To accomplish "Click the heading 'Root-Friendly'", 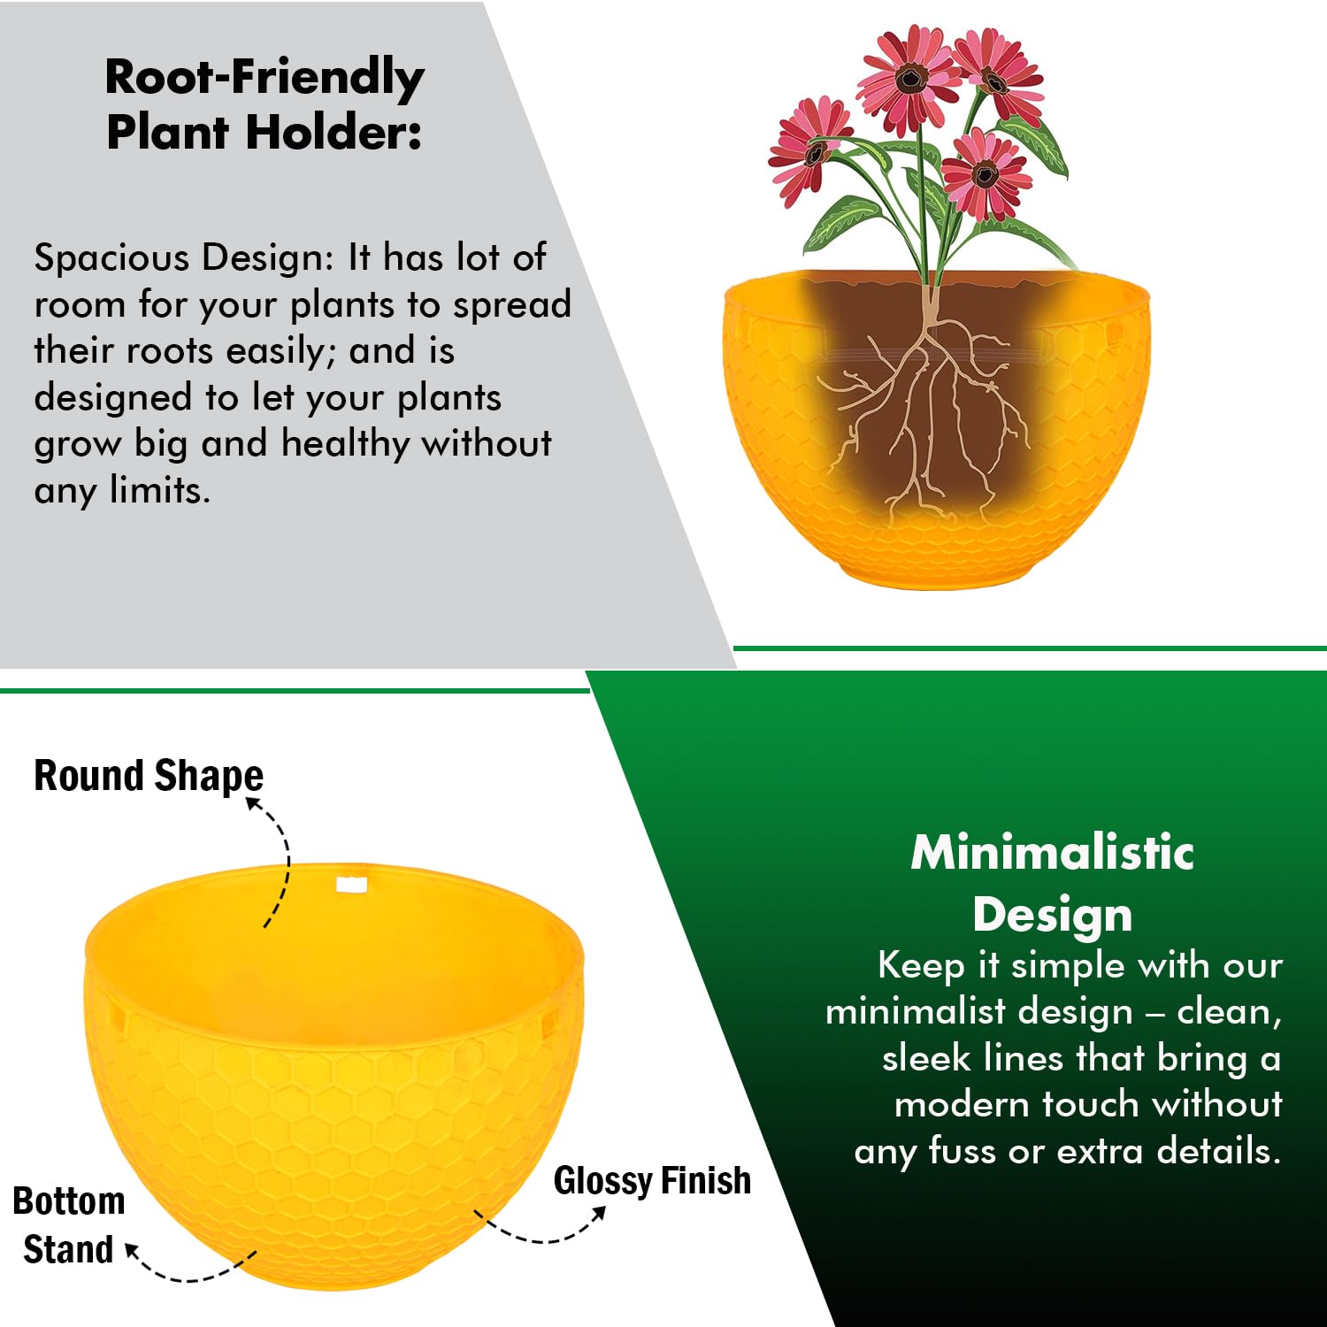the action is [x=265, y=78].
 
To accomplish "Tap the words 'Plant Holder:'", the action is [x=264, y=133].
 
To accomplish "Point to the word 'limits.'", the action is [x=160, y=489].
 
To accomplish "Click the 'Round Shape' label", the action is [x=149, y=776].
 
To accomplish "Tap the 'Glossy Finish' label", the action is [x=652, y=1180].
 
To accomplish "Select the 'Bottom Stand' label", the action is [x=69, y=1225].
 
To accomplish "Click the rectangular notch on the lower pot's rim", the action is [x=351, y=884].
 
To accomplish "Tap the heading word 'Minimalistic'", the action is [x=1053, y=852].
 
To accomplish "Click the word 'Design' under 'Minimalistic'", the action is [x=1053, y=914].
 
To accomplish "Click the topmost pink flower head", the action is [x=909, y=78].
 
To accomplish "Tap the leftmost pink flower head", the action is [x=807, y=149].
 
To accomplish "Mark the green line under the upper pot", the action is [x=1030, y=648].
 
